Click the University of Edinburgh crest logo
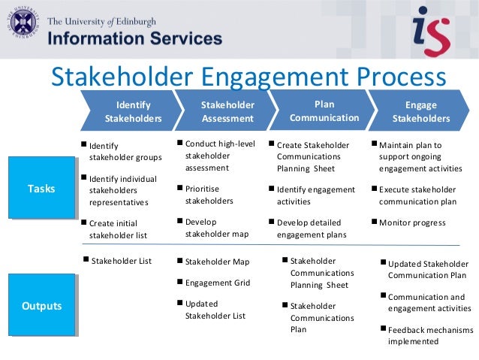23,24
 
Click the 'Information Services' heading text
135,38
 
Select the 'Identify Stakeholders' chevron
129,111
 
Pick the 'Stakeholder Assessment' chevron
225,111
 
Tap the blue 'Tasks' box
41,189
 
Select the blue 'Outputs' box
41,306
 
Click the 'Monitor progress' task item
412,222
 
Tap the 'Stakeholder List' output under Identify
121,262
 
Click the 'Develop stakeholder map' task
216,228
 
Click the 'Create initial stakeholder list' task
117,229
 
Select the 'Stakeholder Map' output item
217,262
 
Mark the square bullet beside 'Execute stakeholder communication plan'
375,189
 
